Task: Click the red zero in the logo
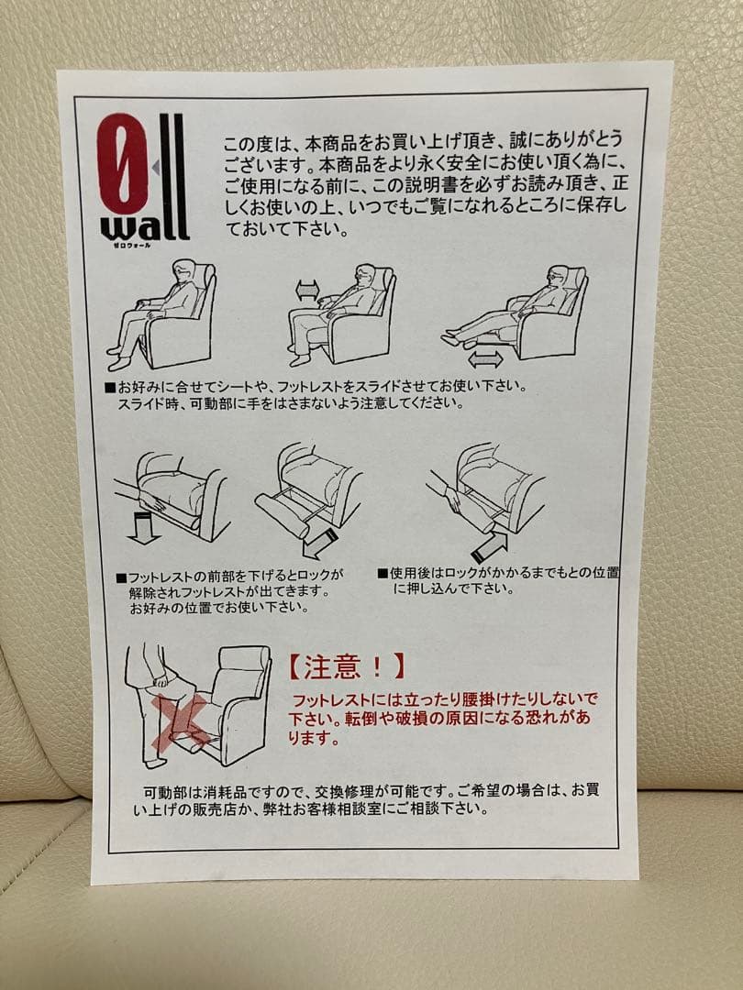coord(123,163)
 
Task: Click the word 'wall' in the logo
coord(145,226)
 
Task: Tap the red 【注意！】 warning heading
coord(346,666)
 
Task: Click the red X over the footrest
coord(183,723)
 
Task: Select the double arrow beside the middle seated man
coord(308,291)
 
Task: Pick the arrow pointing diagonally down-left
coord(320,543)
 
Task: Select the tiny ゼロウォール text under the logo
coord(130,245)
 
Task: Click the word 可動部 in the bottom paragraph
coord(165,791)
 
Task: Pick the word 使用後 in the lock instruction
coord(408,573)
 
